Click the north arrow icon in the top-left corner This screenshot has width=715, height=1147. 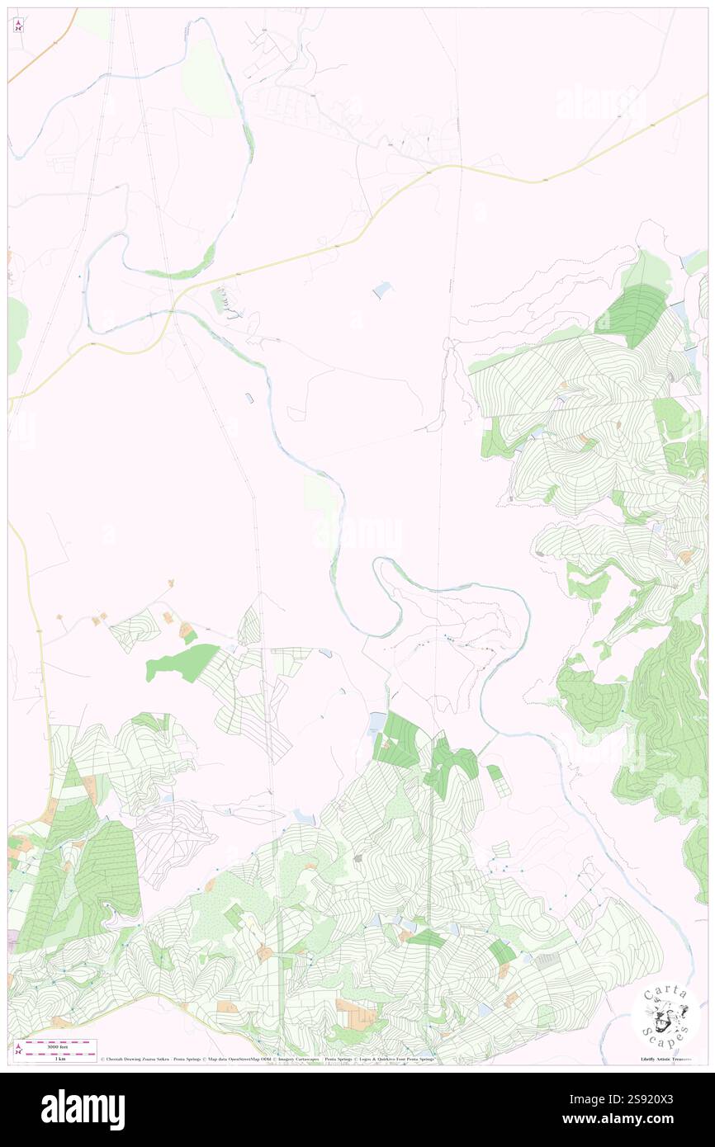click(x=18, y=26)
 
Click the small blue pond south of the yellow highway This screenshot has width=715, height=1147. click(x=382, y=289)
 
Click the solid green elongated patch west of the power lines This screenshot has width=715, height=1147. click(x=183, y=663)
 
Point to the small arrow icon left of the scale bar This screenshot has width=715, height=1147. click(x=18, y=1049)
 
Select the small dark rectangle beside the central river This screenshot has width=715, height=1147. click(x=249, y=399)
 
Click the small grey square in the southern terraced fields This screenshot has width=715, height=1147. click(x=358, y=858)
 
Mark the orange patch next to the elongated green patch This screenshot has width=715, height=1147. click(x=187, y=631)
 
